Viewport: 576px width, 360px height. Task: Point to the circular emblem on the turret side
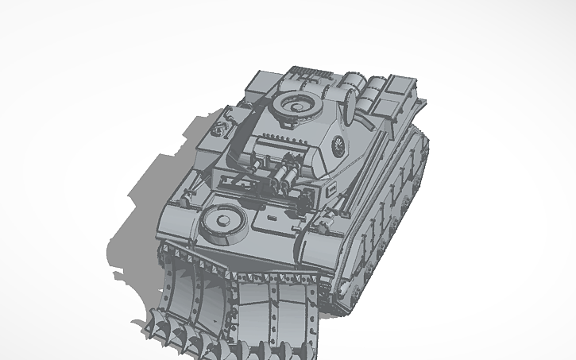tap(338, 144)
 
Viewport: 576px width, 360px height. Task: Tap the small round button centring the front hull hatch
tap(220, 216)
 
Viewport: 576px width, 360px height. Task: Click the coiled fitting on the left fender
tap(219, 125)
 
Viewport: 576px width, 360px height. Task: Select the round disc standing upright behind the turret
tap(347, 97)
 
